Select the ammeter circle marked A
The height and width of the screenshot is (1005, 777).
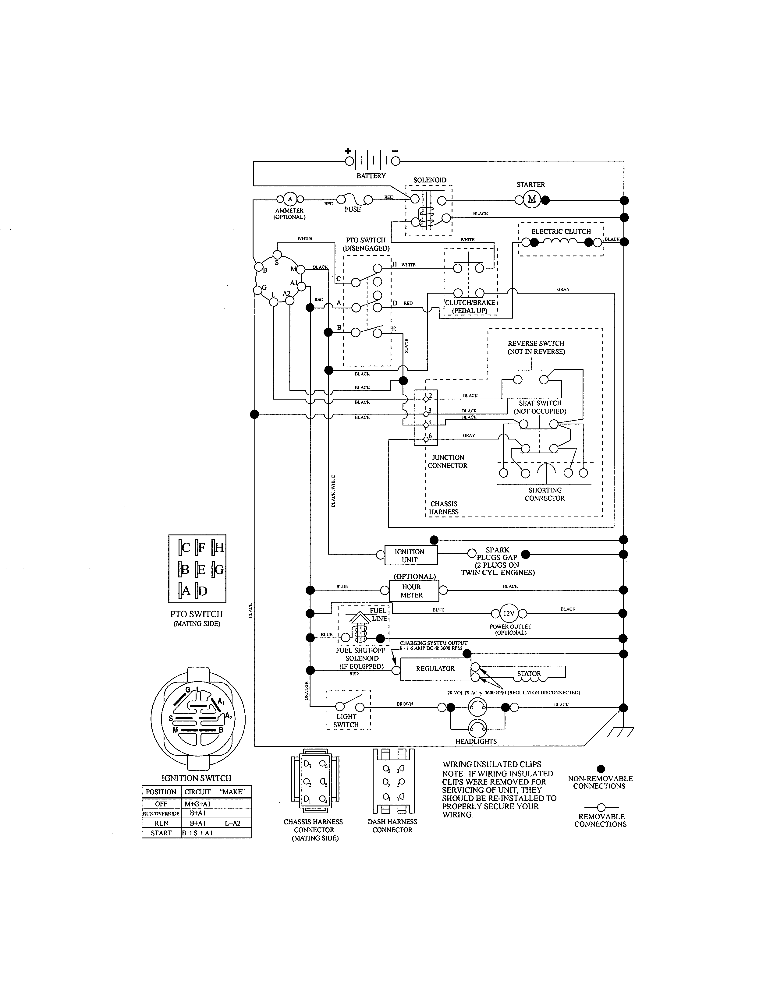pos(289,199)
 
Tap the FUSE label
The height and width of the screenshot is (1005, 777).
pos(353,210)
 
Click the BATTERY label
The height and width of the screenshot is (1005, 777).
pos(371,176)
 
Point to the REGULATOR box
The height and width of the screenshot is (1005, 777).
pos(435,668)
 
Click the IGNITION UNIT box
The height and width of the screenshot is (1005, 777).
pos(409,555)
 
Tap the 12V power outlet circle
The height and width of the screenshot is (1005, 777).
pos(509,613)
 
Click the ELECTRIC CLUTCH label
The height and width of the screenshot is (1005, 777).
pos(561,231)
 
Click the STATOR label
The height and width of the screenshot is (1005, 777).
pos(528,674)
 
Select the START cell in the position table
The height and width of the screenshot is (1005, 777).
pos(161,833)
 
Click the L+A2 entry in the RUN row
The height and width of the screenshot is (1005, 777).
pos(232,823)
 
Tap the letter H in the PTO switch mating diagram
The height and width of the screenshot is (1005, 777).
pos(219,547)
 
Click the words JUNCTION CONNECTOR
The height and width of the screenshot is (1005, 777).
pos(447,462)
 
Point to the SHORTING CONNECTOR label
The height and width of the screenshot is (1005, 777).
pos(545,494)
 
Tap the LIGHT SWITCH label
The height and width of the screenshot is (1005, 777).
pos(346,721)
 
